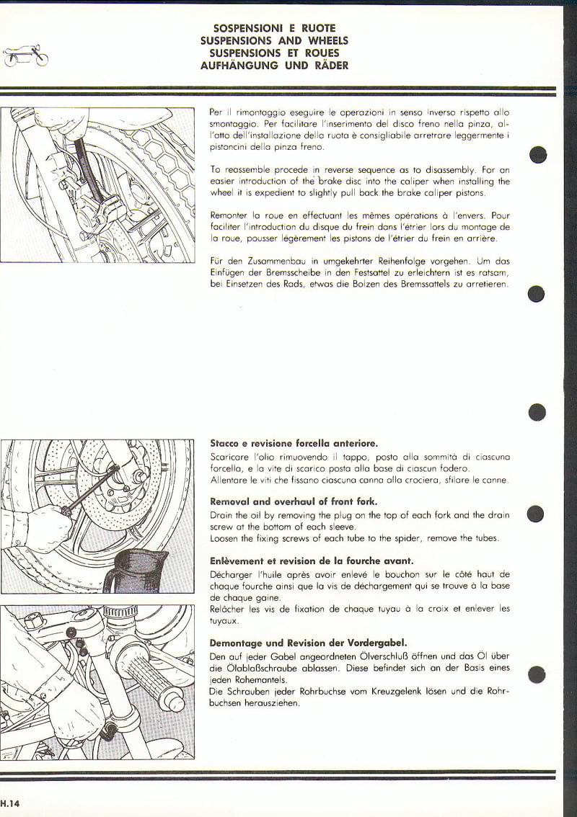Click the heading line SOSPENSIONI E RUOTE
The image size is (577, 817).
[274, 28]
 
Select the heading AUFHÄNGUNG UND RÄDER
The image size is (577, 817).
[274, 66]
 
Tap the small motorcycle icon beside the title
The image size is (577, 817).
[26, 56]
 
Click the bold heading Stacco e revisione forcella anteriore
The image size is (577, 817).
[294, 443]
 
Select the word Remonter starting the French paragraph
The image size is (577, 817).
[231, 215]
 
